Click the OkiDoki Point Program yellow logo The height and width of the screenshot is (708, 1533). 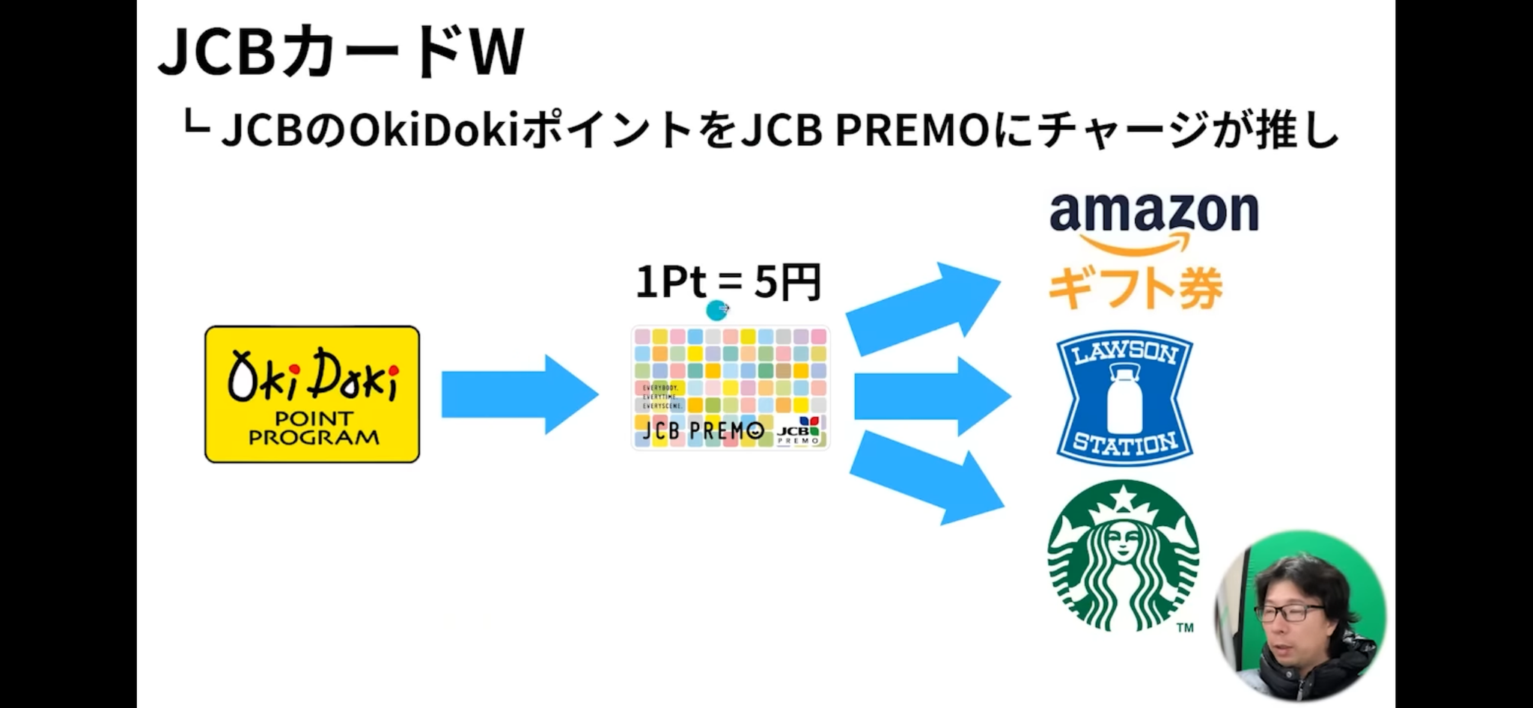[312, 394]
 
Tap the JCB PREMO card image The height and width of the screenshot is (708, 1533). [731, 388]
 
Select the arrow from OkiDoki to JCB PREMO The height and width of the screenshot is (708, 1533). [519, 394]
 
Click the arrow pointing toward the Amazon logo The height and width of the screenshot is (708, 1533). [923, 308]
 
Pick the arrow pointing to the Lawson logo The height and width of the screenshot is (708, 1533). [932, 397]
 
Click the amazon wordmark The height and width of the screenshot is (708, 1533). [1153, 213]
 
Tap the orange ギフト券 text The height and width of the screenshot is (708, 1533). [1135, 288]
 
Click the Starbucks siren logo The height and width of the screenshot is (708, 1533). [1123, 557]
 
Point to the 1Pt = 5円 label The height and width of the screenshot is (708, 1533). [728, 283]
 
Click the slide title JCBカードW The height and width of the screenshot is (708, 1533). [341, 52]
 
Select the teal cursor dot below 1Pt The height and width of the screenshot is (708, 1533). [717, 308]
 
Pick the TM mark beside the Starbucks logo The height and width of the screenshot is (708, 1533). [1184, 628]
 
